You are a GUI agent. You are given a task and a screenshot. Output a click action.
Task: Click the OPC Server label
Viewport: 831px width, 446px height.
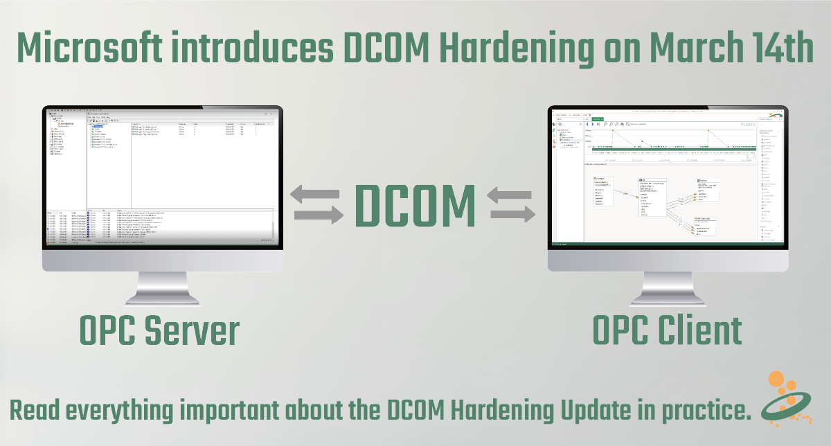point(159,330)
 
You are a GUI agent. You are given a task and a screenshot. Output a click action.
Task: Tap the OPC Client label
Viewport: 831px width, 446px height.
point(667,330)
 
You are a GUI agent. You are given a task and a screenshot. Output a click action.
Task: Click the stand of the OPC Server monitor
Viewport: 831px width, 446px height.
point(162,287)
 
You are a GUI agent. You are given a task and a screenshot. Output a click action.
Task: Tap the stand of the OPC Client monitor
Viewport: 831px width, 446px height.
point(668,287)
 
